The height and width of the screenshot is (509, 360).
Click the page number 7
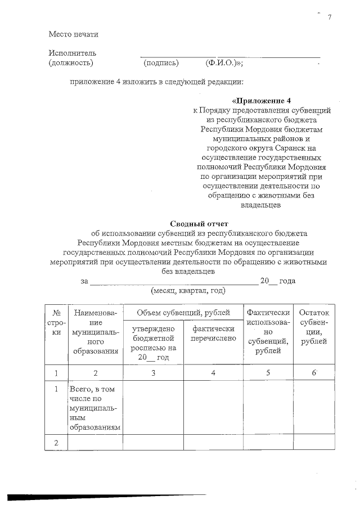point(330,17)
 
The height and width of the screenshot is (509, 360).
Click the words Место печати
point(74,34)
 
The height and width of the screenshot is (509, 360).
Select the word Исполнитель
point(69,53)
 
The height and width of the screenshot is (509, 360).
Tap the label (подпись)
point(161,63)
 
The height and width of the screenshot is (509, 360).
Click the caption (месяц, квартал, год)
point(188,291)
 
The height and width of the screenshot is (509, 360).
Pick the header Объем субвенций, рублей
point(183,312)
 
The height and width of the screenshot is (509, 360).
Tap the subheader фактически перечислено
point(213,333)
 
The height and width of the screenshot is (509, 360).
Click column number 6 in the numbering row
point(315,372)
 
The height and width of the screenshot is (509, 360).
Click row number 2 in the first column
point(56,443)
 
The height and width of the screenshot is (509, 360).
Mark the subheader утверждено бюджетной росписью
point(152,343)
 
